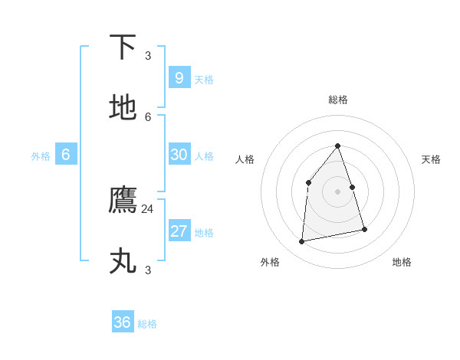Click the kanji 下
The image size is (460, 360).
[123, 47]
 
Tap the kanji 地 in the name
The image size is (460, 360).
[123, 108]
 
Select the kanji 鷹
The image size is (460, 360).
[123, 201]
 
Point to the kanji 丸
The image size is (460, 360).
[123, 261]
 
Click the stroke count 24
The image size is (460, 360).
[147, 209]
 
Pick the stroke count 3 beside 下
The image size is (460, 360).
[148, 56]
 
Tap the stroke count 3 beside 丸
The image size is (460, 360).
[148, 270]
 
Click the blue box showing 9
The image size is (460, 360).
[179, 77]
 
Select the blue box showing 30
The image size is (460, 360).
[179, 154]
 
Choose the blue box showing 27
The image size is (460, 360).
[179, 231]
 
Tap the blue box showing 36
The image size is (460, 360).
[123, 322]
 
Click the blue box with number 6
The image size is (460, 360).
[66, 154]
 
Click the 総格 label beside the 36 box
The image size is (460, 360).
[147, 324]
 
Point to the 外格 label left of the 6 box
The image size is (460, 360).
[41, 156]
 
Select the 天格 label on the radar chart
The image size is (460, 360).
[431, 159]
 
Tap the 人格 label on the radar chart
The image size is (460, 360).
[245, 159]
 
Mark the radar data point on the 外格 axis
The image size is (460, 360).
[302, 241]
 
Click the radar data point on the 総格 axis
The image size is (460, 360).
[337, 146]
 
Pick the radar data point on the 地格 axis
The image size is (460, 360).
[364, 229]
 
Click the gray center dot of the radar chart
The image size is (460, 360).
[337, 191]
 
